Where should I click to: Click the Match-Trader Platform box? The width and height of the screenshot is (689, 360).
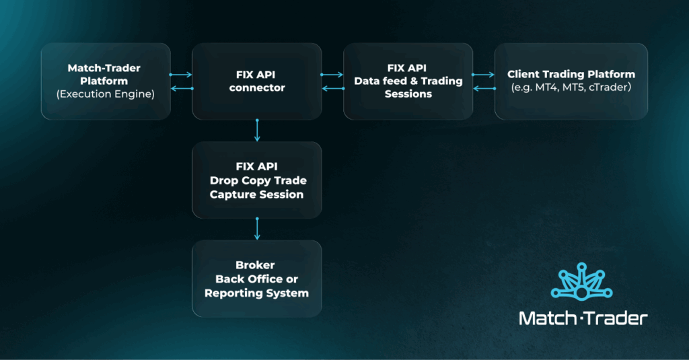coord(106,81)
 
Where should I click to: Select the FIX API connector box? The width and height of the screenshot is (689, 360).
coord(256,81)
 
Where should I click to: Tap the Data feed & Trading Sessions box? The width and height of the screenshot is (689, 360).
coord(408,81)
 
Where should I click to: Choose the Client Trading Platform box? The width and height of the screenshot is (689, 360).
coord(571,81)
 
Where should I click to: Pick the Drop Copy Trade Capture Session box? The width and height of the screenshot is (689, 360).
coord(256,180)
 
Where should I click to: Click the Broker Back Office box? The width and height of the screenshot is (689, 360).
coord(256,279)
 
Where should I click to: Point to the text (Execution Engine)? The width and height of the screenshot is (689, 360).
coord(106,94)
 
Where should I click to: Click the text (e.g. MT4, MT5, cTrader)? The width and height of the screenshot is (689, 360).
coord(571,88)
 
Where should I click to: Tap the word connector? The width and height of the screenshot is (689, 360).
coord(256,88)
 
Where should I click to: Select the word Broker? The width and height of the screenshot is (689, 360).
coord(256,264)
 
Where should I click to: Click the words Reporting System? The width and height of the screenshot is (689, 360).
coord(256,293)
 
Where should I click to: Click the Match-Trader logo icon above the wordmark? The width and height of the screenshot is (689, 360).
coord(583,285)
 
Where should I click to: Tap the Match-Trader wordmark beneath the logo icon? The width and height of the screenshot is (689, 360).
coord(583,318)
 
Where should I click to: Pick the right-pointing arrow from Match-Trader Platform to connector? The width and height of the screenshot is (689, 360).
coord(181,75)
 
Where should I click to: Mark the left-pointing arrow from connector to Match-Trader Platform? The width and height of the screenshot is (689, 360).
coord(181,88)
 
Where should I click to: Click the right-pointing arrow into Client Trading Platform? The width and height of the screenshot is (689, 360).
coord(483,75)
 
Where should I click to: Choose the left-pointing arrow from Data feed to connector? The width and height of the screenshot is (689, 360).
coord(332,88)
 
